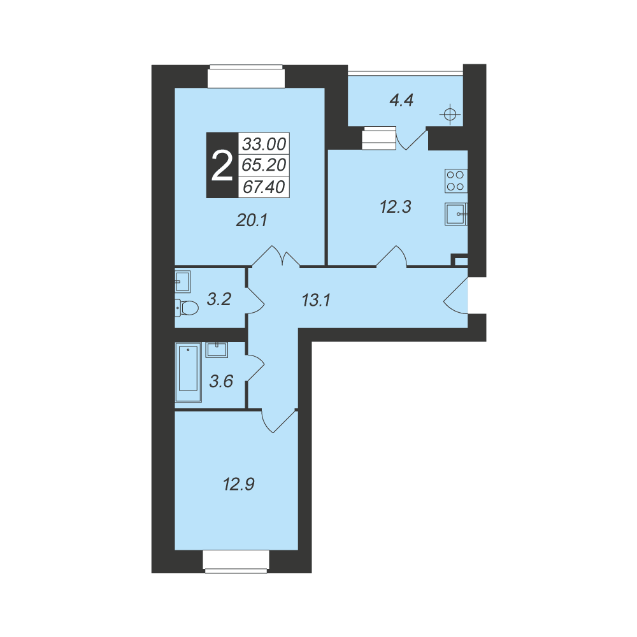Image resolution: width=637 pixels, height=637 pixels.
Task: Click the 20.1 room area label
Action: coord(252,220)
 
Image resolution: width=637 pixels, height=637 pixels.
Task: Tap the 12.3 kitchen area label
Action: coord(396,207)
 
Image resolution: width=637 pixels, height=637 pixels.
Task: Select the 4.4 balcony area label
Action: coord(401,100)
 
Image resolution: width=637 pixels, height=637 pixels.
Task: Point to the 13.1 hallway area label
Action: coord(316,300)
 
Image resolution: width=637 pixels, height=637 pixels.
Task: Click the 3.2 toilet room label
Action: coord(219,299)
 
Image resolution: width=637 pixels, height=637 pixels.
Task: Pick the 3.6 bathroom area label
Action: coord(221,381)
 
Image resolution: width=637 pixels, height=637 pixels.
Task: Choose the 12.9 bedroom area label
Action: coord(238,484)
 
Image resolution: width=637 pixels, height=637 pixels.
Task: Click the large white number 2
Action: coord(222,166)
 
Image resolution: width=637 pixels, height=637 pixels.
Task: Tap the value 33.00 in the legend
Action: coord(264,144)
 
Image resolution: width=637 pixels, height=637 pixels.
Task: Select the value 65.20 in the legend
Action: coord(264,165)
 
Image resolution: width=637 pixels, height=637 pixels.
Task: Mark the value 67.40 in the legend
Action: coord(264,187)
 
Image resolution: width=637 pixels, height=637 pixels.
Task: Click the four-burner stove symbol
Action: coord(456,181)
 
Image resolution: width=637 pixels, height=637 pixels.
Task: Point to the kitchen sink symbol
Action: coord(456,214)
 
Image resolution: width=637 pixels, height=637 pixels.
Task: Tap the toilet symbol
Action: coord(187,308)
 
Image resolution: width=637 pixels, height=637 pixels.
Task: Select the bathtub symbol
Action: coord(188,372)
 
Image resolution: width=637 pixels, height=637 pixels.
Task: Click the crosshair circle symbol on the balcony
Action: coord(450,115)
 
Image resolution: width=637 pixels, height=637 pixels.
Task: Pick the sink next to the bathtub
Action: coord(217,350)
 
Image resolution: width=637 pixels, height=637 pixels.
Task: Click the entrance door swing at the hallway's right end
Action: coord(455,296)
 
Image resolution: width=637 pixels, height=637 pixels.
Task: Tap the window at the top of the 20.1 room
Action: coord(246,76)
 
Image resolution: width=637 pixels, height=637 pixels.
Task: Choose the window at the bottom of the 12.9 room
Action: coord(236,561)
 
